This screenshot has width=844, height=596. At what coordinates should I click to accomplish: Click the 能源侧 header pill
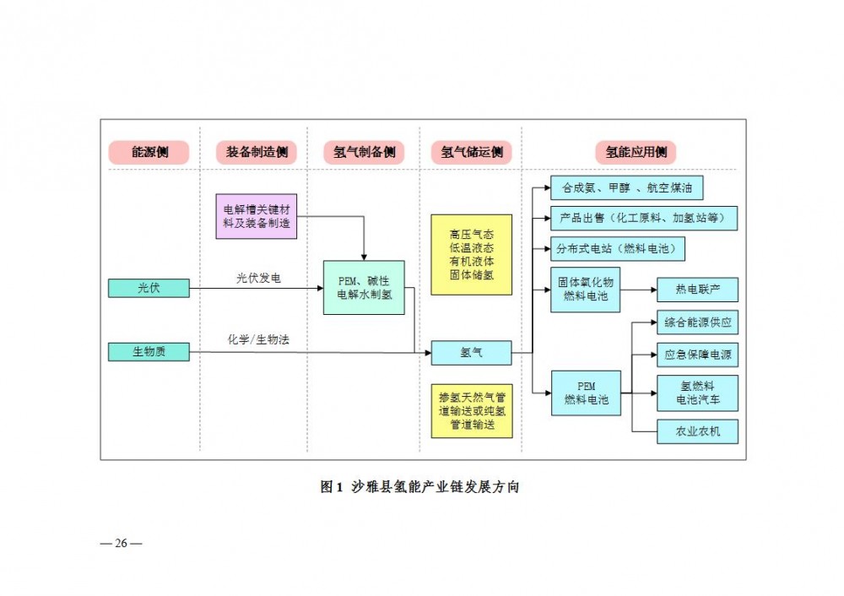pos(149,152)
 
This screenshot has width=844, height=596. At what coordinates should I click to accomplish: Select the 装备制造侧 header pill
pos(257,152)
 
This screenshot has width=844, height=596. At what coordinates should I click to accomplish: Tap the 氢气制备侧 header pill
pos(364,152)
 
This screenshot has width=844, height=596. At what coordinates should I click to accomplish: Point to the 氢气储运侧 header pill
pos(472,152)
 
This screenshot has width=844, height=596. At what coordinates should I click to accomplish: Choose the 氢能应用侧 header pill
pos(636,152)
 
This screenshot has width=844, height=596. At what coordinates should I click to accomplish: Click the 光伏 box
pos(149,288)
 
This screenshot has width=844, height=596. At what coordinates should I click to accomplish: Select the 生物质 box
pos(149,351)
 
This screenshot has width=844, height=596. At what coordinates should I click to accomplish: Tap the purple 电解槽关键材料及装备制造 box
pos(257,214)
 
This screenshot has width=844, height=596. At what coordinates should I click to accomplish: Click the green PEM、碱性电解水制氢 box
pos(364,287)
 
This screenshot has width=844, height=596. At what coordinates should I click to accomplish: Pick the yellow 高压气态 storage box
pos(472,254)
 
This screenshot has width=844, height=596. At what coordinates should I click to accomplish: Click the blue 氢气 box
pos(472,353)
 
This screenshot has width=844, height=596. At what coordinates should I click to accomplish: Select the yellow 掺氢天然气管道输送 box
pos(472,411)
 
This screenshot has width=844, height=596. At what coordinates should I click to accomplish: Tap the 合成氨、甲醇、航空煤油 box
pos(626,187)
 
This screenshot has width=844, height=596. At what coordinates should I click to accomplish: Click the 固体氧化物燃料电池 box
pos(586,290)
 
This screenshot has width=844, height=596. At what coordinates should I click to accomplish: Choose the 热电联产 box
pos(697,290)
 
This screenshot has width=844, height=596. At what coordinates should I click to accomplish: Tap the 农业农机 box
pos(697,431)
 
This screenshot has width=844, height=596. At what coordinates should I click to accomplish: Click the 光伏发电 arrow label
pos(258,278)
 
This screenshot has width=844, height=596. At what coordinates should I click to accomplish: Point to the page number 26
pos(121,543)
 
